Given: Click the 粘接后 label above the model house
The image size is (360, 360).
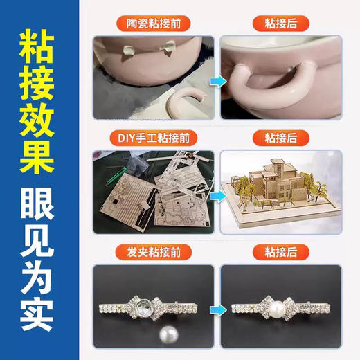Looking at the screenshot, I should pos(280,136).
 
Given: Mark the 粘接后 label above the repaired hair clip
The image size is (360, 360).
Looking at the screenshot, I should pos(280,251).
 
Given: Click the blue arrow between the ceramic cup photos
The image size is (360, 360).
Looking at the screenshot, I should pos(216,82).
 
